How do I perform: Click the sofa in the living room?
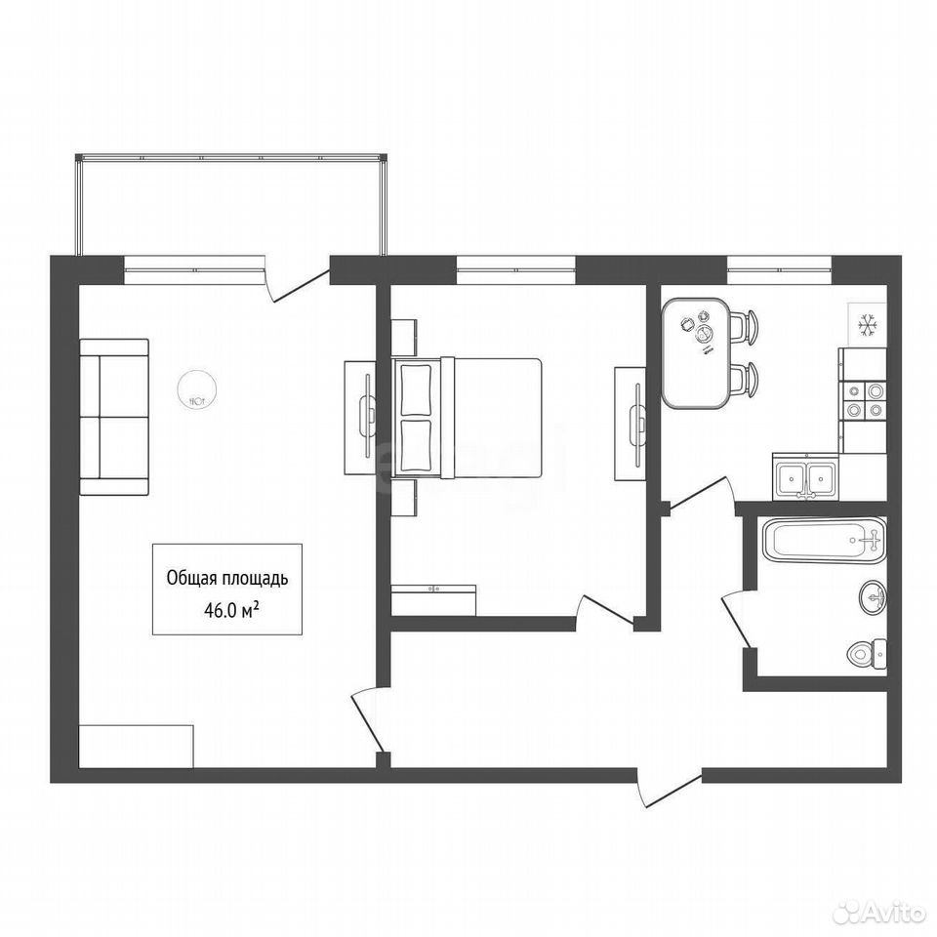click(x=114, y=417)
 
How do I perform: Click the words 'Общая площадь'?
click(x=227, y=579)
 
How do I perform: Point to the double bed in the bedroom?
click(x=467, y=419)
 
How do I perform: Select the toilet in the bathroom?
click(x=867, y=653)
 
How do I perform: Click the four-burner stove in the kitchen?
click(x=862, y=400)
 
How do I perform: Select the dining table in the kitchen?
click(x=696, y=353)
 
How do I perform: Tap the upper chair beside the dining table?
click(x=744, y=327)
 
